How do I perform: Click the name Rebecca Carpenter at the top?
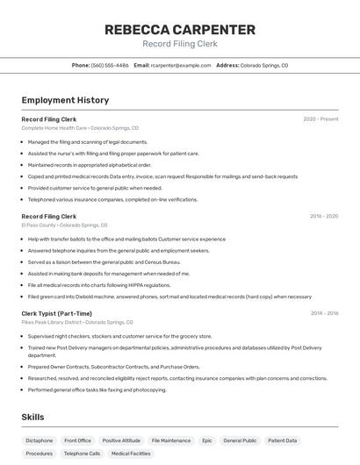179,29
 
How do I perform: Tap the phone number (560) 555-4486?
110,65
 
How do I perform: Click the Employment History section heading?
65,100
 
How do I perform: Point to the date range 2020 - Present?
320,119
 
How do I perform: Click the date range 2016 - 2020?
324,216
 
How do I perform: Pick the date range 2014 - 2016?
324,313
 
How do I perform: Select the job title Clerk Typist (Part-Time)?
56,313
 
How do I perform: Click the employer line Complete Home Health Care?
73,128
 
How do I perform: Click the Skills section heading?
33,417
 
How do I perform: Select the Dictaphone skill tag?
39,440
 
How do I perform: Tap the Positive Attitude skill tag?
121,440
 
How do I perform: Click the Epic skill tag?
207,440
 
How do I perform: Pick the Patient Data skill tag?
283,440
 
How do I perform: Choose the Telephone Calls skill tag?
82,454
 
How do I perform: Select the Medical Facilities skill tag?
131,454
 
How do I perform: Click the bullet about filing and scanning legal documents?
88,141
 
